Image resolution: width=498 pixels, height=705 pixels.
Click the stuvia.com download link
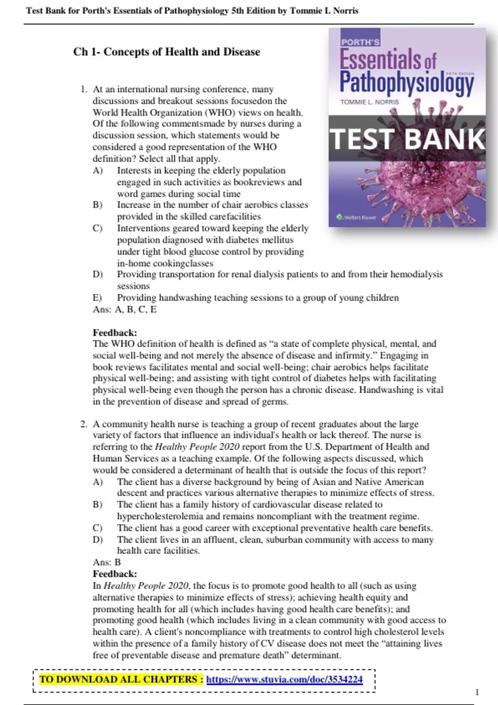(284, 679)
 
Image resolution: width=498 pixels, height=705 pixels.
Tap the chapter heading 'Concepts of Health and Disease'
(182, 52)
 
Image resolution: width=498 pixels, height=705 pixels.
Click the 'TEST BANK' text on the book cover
(407, 139)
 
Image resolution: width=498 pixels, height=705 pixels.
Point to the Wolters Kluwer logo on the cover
(356, 217)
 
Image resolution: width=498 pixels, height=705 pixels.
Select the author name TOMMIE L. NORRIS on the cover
(369, 102)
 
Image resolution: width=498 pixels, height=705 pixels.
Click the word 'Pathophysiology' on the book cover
(407, 82)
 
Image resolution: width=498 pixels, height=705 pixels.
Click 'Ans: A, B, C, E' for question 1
(124, 309)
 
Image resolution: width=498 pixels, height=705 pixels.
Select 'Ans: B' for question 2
(107, 562)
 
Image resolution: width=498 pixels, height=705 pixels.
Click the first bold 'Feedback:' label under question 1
(115, 333)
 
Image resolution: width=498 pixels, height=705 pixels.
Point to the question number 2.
(84, 424)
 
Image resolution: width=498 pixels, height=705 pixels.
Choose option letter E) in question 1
(97, 298)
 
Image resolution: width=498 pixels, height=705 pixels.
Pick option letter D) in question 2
(98, 540)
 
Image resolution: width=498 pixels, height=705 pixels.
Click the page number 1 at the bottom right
(477, 692)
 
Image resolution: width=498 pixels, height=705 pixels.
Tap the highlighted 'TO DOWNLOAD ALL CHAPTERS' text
(121, 679)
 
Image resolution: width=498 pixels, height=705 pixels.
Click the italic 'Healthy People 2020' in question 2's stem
(197, 447)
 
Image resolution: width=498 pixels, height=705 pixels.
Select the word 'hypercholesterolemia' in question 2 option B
(160, 516)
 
